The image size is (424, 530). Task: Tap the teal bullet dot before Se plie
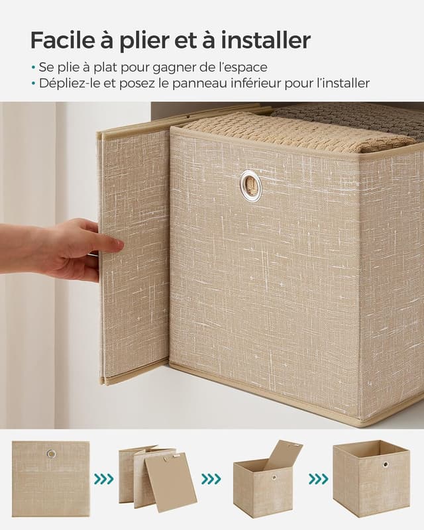(33, 68)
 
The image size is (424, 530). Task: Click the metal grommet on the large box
(250, 185)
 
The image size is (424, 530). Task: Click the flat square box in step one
(50, 479)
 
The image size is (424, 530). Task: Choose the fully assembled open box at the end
(370, 478)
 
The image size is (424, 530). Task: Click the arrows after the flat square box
(103, 479)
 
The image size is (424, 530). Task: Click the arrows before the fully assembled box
(318, 479)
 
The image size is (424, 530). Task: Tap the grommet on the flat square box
(51, 454)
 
